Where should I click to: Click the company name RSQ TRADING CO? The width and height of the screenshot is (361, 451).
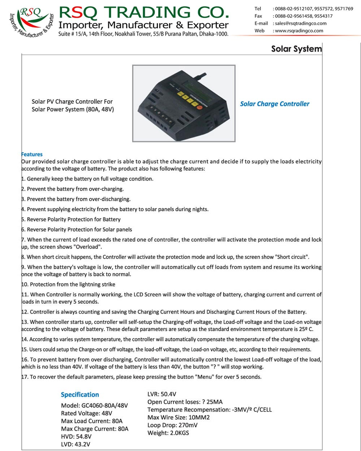pyautogui.click(x=144, y=13)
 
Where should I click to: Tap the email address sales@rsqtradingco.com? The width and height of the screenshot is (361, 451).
pyautogui.click(x=300, y=23)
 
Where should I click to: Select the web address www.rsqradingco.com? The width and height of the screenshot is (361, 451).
pyautogui.click(x=299, y=31)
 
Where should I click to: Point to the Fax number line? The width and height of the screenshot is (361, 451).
pyautogui.click(x=293, y=16)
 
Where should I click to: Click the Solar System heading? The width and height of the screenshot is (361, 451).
pyautogui.click(x=296, y=49)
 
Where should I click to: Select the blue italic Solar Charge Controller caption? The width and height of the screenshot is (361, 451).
pyautogui.click(x=275, y=104)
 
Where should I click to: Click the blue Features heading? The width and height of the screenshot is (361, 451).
pyautogui.click(x=32, y=154)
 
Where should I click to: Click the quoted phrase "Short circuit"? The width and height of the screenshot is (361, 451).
pyautogui.click(x=292, y=257)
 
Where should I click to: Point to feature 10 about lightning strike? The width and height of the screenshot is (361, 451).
pyautogui.click(x=69, y=285)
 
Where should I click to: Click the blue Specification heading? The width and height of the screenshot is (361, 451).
pyautogui.click(x=80, y=395)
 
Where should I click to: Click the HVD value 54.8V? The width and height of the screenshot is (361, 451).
pyautogui.click(x=83, y=437)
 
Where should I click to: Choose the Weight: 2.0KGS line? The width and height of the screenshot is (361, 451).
pyautogui.click(x=168, y=433)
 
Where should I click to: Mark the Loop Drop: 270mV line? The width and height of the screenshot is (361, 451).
pyautogui.click(x=173, y=425)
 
